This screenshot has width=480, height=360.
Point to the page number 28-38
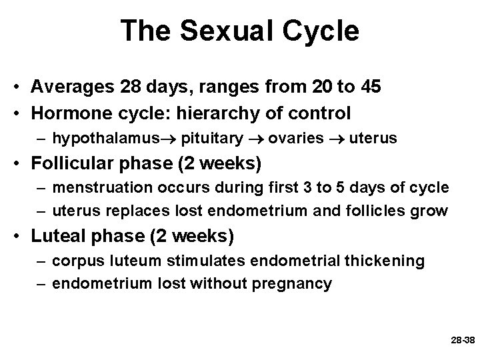[x=462, y=340]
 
